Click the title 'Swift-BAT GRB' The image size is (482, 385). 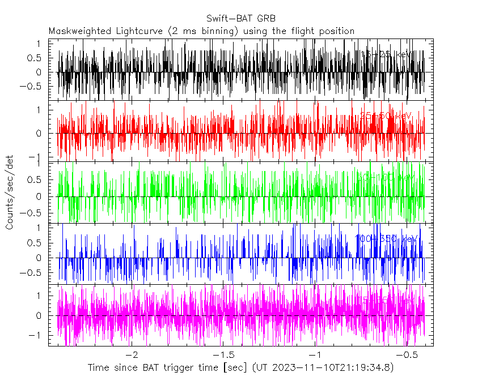pyautogui.click(x=242, y=18)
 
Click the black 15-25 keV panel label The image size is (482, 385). pyautogui.click(x=386, y=54)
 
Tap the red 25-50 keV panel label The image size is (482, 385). pyautogui.click(x=386, y=115)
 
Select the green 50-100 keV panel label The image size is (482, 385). pyautogui.click(x=386, y=177)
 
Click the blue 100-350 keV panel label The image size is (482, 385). pyautogui.click(x=386, y=238)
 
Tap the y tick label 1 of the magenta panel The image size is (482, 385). pyautogui.click(x=37, y=296)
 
